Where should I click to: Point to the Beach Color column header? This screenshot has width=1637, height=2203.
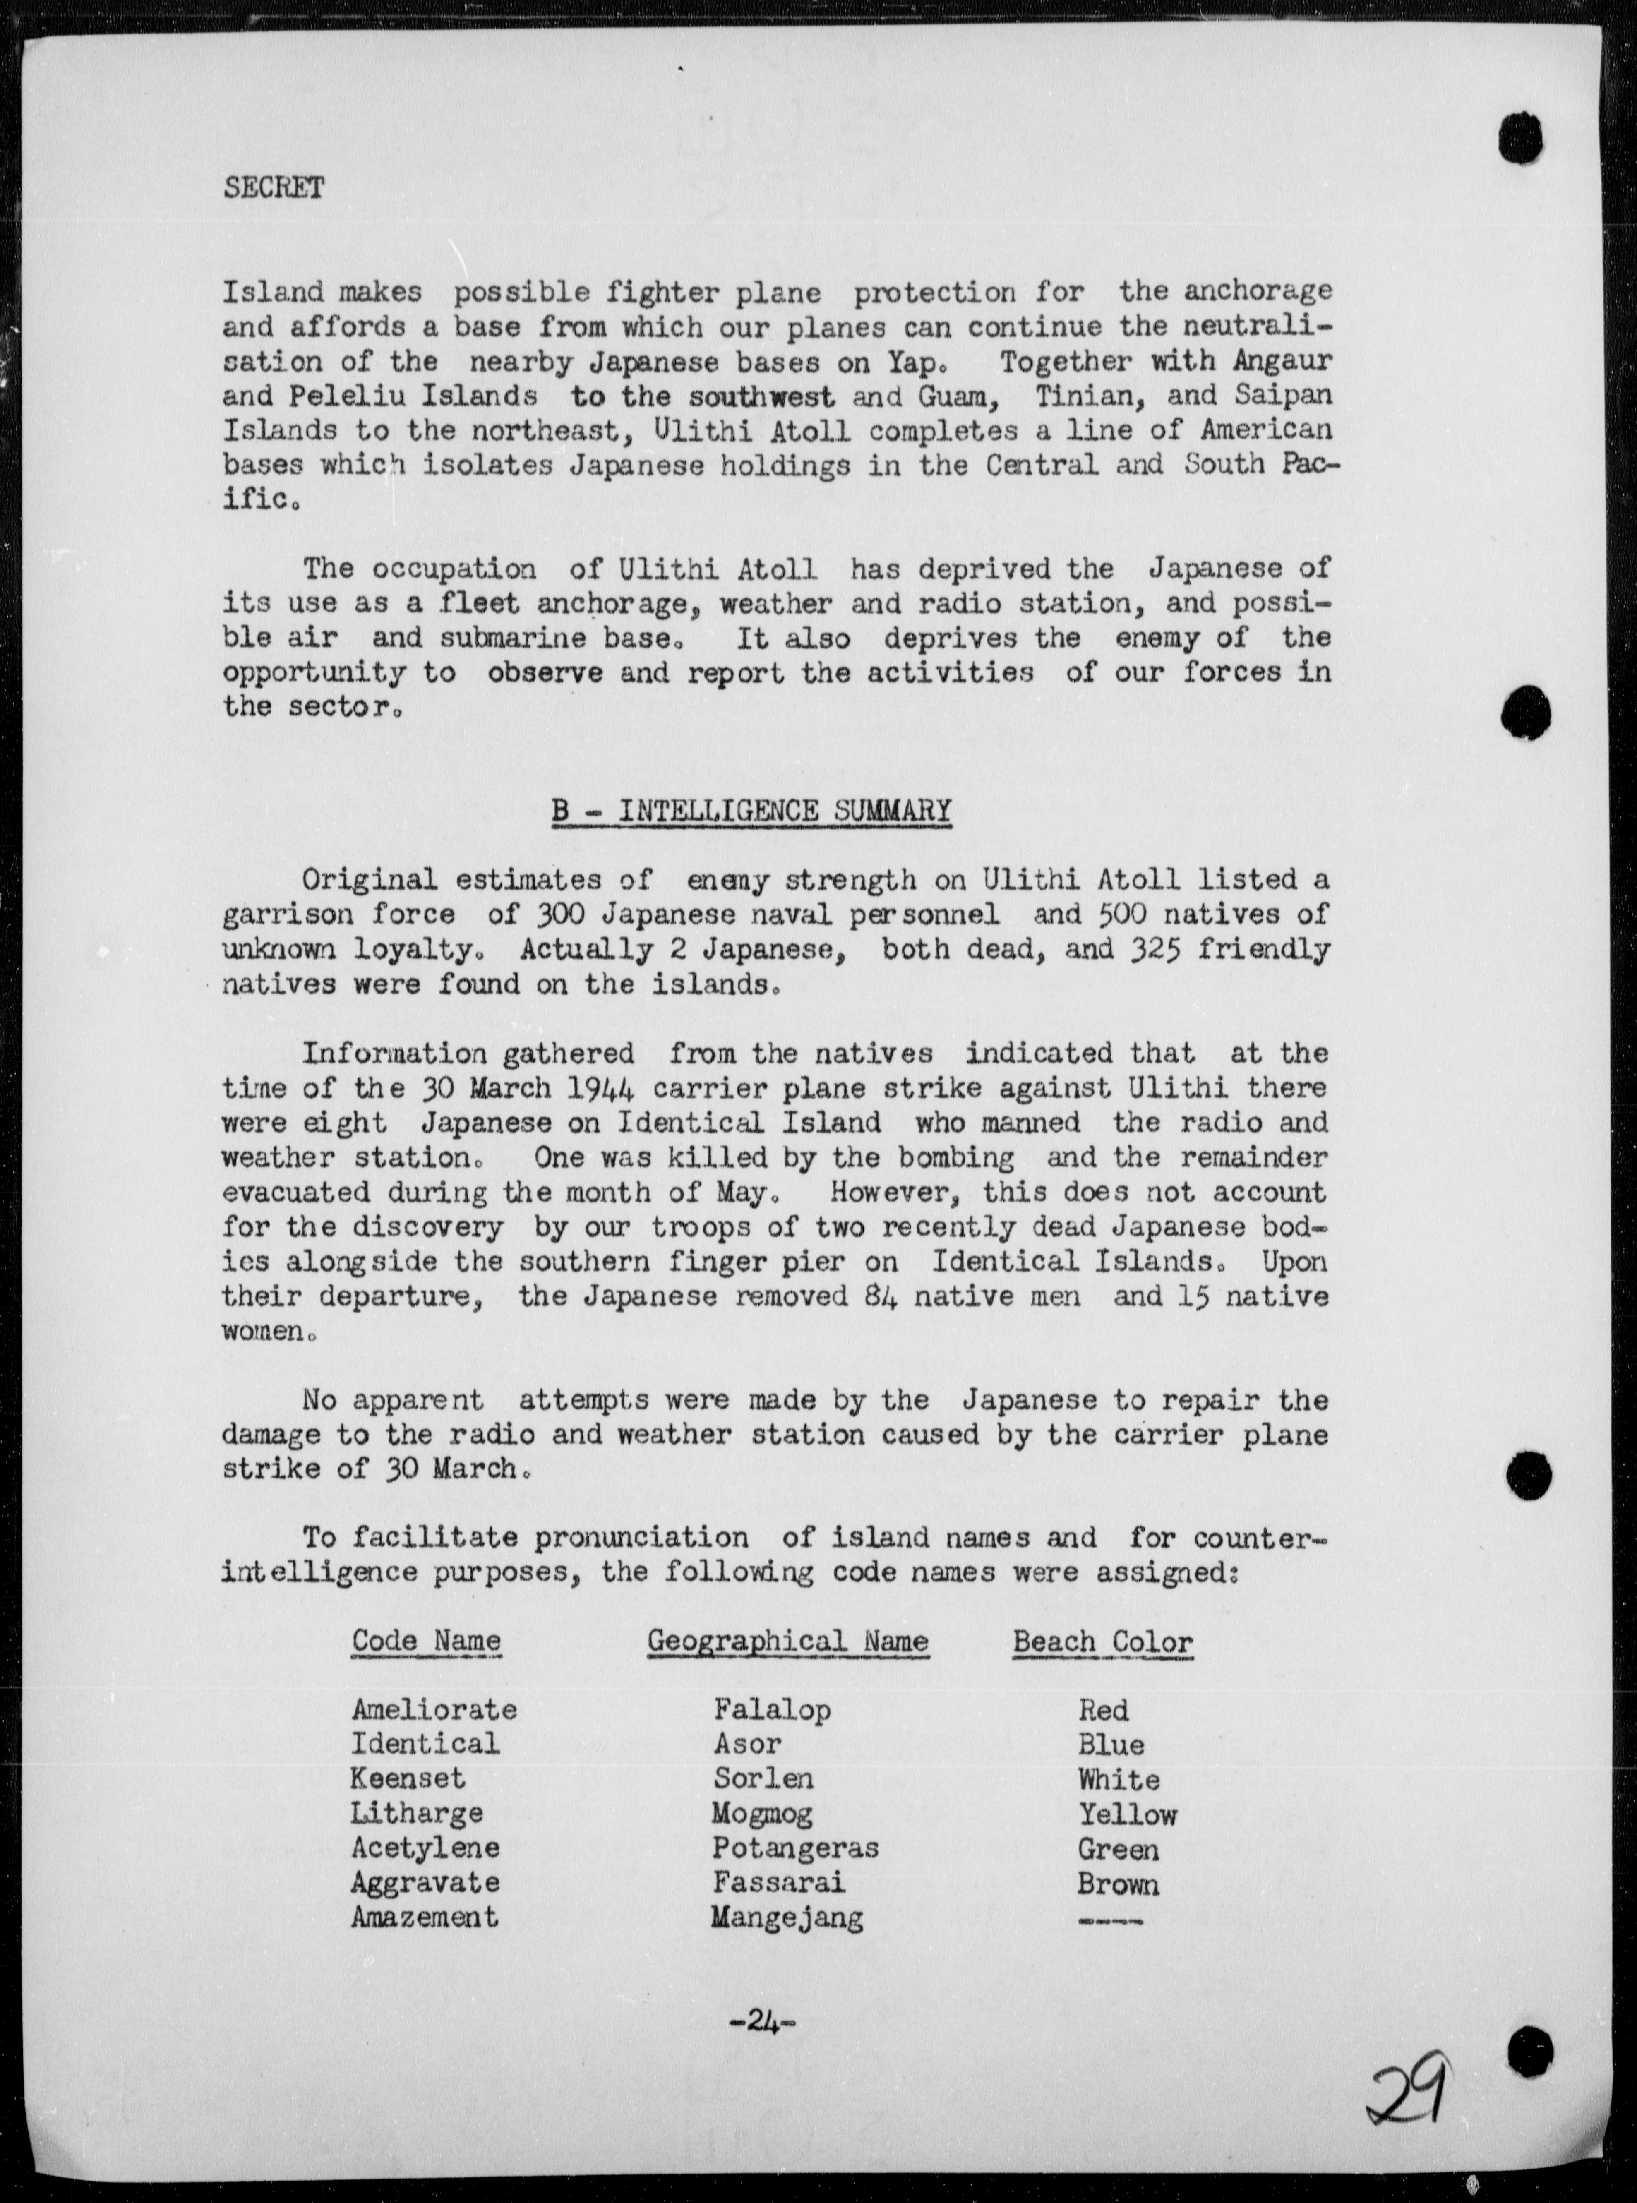[1102, 1641]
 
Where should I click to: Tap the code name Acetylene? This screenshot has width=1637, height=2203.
[425, 1848]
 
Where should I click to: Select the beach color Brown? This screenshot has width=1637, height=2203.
[1118, 1884]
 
